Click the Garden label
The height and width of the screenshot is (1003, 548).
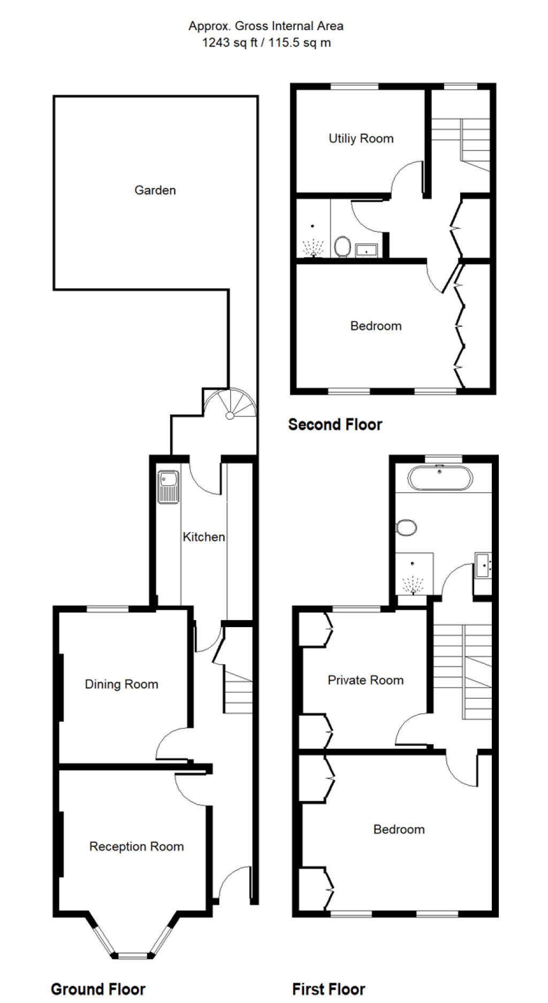click(x=155, y=190)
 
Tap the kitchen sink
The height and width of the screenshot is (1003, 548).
click(x=169, y=487)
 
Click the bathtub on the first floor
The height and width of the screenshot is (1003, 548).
click(x=440, y=478)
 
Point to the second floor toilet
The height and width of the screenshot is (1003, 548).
click(x=342, y=247)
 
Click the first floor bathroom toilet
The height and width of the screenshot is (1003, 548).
click(x=407, y=527)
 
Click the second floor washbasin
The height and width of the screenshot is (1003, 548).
click(x=367, y=250)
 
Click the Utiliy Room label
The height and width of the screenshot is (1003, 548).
click(x=361, y=139)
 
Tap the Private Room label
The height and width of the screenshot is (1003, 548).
click(x=366, y=680)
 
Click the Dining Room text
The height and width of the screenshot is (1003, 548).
click(x=121, y=684)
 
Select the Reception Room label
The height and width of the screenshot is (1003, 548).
click(x=136, y=847)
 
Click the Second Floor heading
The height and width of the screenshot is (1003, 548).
click(x=335, y=425)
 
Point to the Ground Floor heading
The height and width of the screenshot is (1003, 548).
click(x=98, y=990)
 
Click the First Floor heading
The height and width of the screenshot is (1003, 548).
click(x=329, y=990)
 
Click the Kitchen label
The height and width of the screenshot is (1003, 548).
click(x=204, y=537)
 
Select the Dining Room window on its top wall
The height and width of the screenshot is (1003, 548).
click(x=108, y=608)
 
